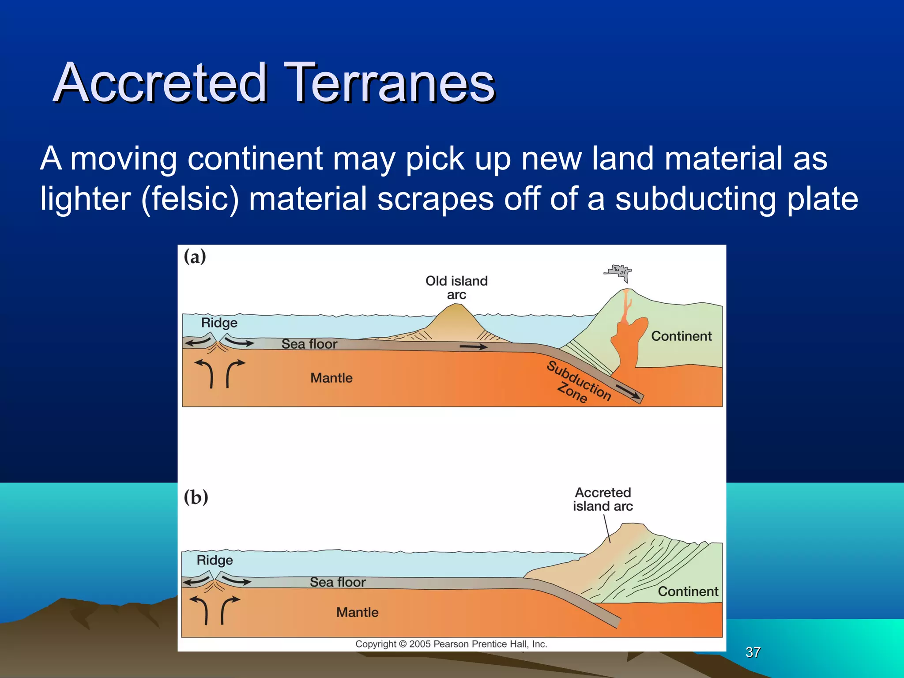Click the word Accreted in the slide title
[161, 83]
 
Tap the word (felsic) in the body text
[190, 199]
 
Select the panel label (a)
[195, 256]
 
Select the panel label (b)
[196, 497]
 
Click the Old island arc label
[456, 287]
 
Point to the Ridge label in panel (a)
[219, 323]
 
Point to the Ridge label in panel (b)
[215, 560]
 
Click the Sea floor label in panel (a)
[309, 344]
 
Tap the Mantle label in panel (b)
[357, 612]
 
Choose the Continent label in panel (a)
[681, 336]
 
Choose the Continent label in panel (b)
[688, 591]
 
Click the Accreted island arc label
[603, 499]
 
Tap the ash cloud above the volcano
[619, 271]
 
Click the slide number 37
[753, 652]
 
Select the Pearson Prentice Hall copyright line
[451, 644]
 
